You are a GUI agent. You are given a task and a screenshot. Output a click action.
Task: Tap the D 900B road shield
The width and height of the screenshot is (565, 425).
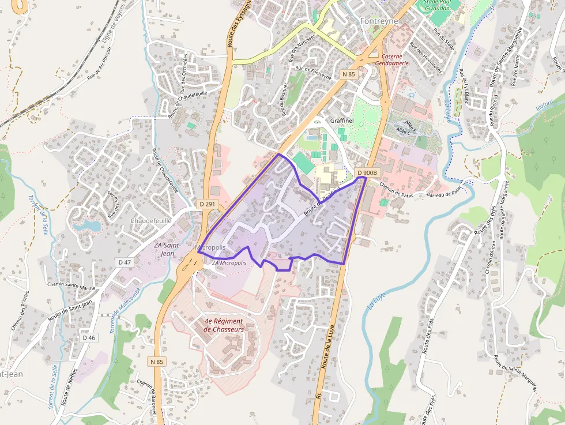tap(367, 173)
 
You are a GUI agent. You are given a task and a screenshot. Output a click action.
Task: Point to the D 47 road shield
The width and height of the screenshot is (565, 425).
tap(125, 262)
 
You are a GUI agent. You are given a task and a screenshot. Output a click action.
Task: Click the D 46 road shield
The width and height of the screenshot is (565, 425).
tap(88, 338)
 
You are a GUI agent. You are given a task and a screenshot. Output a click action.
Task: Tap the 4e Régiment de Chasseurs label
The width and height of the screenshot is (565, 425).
tap(224, 325)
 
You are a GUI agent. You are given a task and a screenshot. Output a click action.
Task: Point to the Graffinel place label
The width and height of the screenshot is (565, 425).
tap(341, 121)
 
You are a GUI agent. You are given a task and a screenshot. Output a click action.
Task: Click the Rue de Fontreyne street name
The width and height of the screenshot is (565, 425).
tap(313, 72)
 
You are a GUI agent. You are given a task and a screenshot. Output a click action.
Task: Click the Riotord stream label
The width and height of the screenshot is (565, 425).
tap(544, 105)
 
